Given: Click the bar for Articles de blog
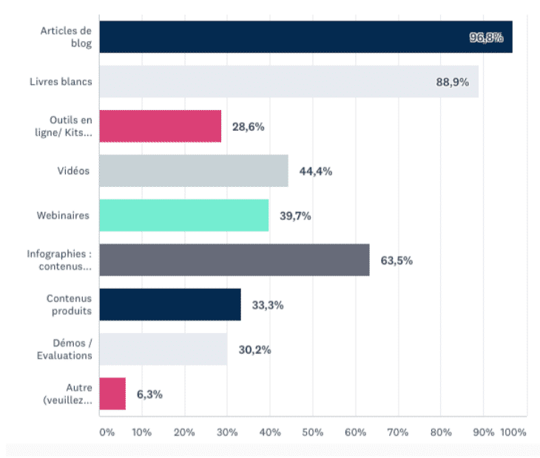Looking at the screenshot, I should (306, 37).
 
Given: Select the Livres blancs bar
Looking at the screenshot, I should (288, 81).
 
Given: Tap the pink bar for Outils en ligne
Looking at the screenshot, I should (160, 126).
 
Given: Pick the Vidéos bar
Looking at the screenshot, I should (193, 171).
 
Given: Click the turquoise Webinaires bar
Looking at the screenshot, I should (183, 216).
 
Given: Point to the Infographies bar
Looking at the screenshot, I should (234, 260).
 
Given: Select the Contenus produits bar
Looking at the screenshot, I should (169, 304).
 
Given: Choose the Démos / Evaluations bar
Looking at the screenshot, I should (163, 349).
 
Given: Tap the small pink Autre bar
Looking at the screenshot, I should (112, 394).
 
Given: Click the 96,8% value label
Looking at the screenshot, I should (486, 38).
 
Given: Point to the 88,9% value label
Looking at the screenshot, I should (452, 82).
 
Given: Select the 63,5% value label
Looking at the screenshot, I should (396, 261).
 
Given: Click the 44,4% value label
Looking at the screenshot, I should (315, 171).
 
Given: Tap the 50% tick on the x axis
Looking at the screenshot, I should (313, 431).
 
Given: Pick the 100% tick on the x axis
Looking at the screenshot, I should (513, 431).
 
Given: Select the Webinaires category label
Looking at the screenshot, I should (63, 216).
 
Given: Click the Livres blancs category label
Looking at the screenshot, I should (67, 81).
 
